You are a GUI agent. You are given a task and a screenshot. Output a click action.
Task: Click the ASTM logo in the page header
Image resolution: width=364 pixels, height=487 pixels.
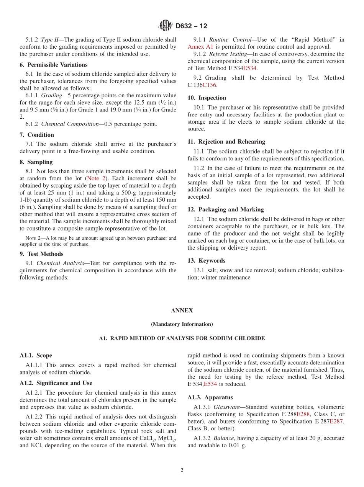point(166,26)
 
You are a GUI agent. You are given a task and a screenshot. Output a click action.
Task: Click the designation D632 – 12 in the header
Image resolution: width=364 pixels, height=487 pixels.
point(191,26)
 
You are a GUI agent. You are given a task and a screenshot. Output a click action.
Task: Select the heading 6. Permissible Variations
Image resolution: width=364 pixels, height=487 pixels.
point(54,65)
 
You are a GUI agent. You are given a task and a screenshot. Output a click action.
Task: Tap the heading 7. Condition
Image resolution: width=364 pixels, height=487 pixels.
point(37,135)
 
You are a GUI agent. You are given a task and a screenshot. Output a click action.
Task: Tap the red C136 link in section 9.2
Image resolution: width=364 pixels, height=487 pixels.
point(209,85)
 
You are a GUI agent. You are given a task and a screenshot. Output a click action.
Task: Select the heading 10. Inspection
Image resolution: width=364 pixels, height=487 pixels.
point(207,98)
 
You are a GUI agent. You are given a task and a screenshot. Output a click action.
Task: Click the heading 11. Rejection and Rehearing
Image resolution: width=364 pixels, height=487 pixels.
point(226,142)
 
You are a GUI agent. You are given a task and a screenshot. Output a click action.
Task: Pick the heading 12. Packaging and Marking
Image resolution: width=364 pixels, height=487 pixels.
point(226,209)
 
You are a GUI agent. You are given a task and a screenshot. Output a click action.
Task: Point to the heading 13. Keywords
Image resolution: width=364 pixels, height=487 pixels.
point(207,261)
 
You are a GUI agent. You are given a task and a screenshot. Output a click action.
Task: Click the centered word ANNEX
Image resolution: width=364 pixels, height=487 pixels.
point(182,311)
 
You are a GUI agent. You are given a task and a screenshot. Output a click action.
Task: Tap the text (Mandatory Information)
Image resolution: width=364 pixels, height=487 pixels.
point(182,324)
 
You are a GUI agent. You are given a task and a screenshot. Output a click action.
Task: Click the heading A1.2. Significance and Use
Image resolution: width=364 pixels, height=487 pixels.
point(56,383)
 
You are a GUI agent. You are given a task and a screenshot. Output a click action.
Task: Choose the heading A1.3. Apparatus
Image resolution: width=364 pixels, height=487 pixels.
point(210,397)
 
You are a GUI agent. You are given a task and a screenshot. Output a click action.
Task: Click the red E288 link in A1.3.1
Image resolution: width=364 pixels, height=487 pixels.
point(303,414)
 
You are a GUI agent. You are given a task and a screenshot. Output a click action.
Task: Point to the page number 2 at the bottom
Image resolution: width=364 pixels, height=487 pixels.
point(182,471)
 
